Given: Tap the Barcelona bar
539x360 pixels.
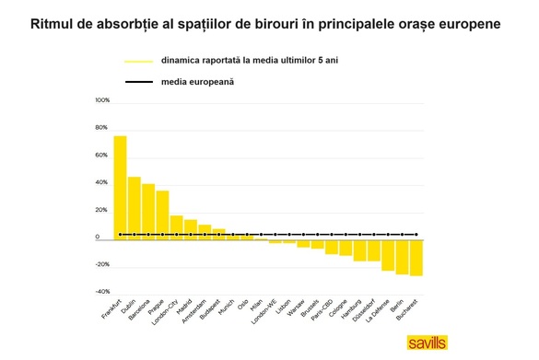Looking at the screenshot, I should pos(148,211).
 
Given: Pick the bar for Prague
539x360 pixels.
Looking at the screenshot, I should pos(162,215).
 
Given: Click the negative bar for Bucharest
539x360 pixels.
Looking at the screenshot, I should pos(416,257).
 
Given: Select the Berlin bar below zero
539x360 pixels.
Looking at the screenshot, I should pos(403,256).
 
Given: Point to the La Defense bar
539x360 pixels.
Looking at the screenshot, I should pos(388,254).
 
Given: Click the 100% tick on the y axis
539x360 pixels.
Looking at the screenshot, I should pos(102,100).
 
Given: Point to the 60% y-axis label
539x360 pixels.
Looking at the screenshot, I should pos(103,156).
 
